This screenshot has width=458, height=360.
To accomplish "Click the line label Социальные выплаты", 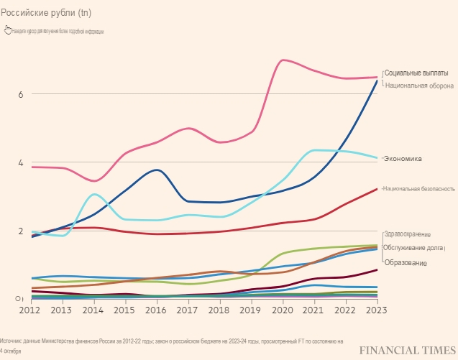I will click(416, 73).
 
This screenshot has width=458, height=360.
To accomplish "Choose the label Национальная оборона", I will click(419, 85).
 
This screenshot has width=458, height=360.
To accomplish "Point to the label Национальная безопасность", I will click(418, 188).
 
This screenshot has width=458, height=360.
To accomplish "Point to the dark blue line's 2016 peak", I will click(156, 170).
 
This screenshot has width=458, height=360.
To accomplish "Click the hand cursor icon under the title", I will click(7, 30).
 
